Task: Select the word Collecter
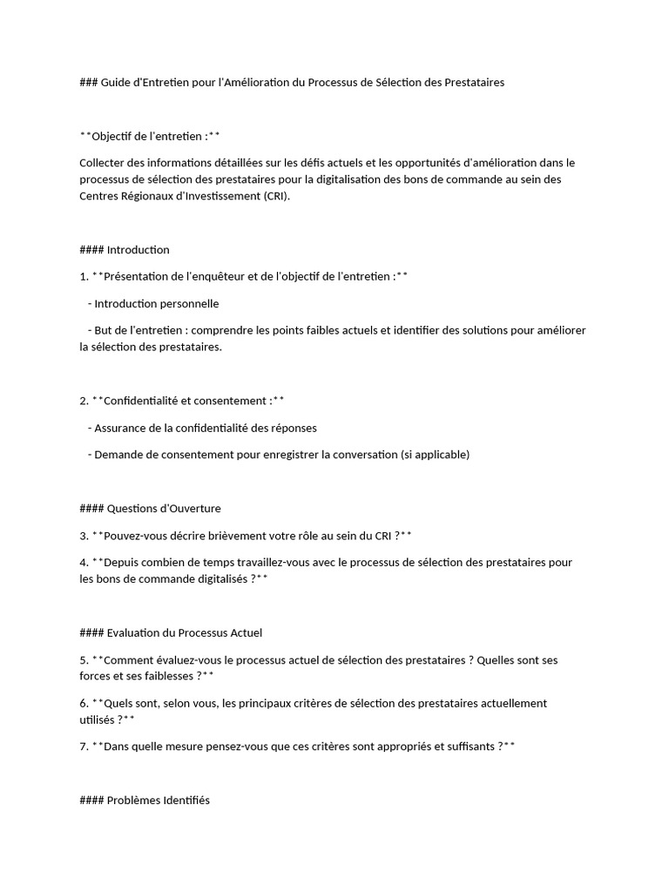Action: (x=105, y=162)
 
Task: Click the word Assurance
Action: (x=123, y=428)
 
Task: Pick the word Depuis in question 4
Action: (x=122, y=562)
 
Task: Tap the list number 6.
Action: (x=83, y=703)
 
